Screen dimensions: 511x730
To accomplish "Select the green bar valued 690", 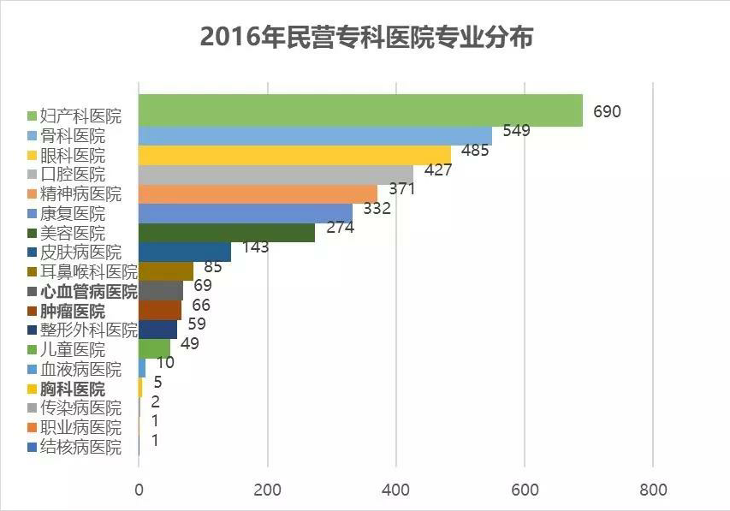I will click(359, 110).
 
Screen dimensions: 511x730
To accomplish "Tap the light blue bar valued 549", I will click(315, 135).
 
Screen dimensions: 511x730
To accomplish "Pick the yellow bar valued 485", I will click(294, 155).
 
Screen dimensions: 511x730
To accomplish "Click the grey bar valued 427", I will click(276, 174).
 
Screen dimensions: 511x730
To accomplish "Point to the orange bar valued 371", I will click(258, 193).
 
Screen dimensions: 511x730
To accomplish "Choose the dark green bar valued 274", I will click(227, 233).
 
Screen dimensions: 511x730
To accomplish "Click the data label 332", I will click(377, 208).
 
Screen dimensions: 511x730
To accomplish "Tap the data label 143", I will click(255, 247).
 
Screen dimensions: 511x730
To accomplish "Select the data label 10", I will click(165, 363).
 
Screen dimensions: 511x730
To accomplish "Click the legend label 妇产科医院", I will click(80, 116).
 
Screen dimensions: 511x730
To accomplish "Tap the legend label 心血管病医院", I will click(88, 291).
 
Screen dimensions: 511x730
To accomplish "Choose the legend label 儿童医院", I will click(73, 350).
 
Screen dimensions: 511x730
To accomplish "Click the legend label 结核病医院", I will click(80, 447).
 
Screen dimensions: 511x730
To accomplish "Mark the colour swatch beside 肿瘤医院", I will click(32, 311).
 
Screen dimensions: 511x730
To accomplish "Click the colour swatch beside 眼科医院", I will click(32, 155).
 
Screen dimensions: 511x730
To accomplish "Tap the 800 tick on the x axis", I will click(653, 490).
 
